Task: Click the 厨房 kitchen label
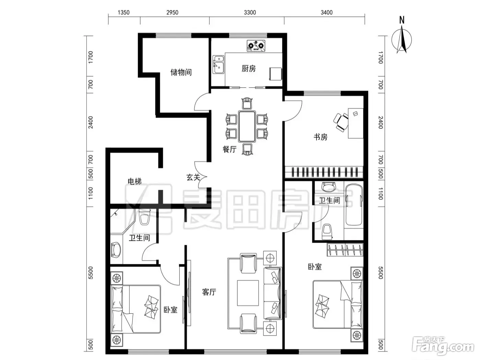tap(249, 69)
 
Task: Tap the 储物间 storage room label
tap(181, 72)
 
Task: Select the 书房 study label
tap(320, 137)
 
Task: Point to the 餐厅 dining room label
tap(229, 149)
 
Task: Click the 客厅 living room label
tap(209, 292)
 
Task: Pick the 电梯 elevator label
tap(134, 181)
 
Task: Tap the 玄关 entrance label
tap(193, 177)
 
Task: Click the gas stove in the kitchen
tap(256, 46)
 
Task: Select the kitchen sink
tap(218, 64)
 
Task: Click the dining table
tap(247, 127)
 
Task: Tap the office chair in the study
tap(341, 122)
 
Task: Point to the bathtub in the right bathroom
tap(353, 205)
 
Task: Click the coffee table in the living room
tap(248, 293)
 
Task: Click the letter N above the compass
tap(402, 20)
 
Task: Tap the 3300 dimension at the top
tap(250, 12)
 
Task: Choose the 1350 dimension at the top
tap(123, 12)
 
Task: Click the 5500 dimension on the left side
tap(91, 273)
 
